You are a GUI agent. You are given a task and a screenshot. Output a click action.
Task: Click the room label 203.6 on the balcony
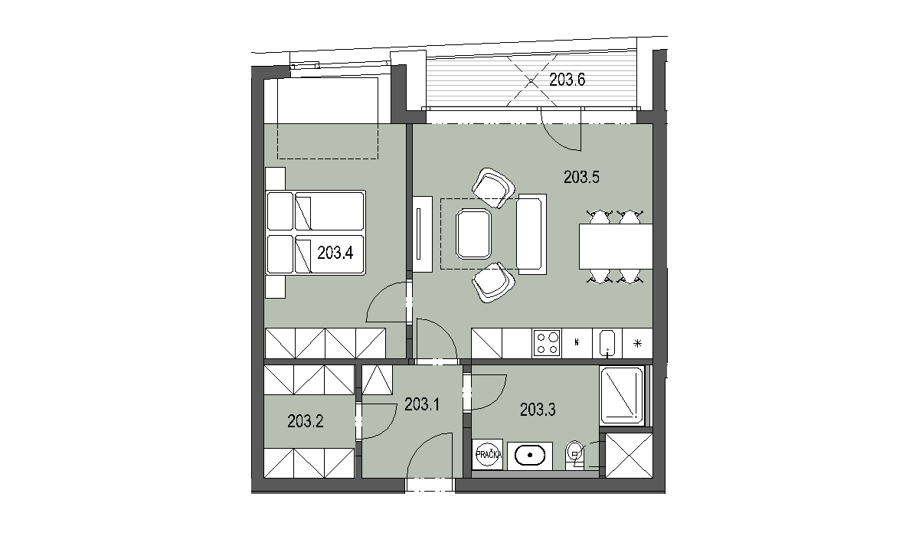[567, 80]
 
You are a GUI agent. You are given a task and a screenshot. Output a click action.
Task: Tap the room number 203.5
[581, 177]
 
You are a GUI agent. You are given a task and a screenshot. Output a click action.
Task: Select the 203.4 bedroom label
[335, 253]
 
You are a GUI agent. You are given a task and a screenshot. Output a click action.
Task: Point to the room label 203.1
[422, 405]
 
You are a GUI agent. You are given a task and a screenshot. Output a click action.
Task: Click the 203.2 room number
[306, 421]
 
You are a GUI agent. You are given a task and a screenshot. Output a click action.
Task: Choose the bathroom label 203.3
[538, 410]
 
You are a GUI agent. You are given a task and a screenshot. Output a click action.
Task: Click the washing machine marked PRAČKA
[487, 454]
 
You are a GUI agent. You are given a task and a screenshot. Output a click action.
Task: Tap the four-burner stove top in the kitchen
[548, 343]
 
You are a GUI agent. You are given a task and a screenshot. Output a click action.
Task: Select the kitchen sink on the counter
[607, 343]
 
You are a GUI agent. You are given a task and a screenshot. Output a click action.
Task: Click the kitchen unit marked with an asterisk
[637, 343]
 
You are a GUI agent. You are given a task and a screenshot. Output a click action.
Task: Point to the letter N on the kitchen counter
[577, 342]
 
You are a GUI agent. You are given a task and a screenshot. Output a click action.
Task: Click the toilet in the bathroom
[575, 455]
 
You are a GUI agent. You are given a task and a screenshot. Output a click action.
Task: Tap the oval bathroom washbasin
[530, 456]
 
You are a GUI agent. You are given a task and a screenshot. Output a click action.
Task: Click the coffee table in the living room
[473, 234]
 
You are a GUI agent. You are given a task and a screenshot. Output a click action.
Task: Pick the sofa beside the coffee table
[531, 234]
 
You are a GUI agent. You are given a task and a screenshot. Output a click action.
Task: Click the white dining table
[616, 247]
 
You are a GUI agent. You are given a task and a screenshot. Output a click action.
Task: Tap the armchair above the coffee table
[493, 188]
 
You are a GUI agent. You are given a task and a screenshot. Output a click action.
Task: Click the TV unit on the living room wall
[423, 234]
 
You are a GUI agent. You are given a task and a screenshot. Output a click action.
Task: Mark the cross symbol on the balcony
[531, 80]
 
